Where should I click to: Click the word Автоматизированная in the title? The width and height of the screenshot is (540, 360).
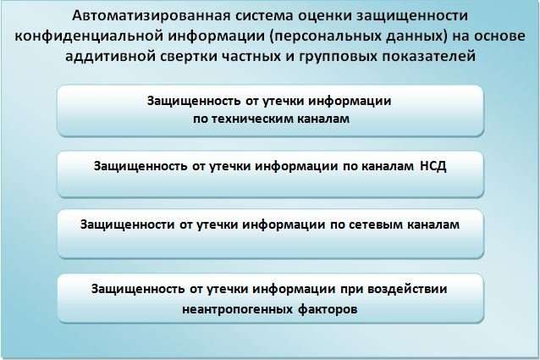pos(150,16)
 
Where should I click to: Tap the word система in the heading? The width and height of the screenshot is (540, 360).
pos(262,15)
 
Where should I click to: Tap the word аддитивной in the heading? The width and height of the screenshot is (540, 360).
pos(110,56)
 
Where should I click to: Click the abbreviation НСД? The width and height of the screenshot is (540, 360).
pos(433,166)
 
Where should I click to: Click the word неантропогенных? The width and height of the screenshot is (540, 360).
pos(237,309)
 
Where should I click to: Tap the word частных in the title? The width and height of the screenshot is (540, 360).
pos(251,56)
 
